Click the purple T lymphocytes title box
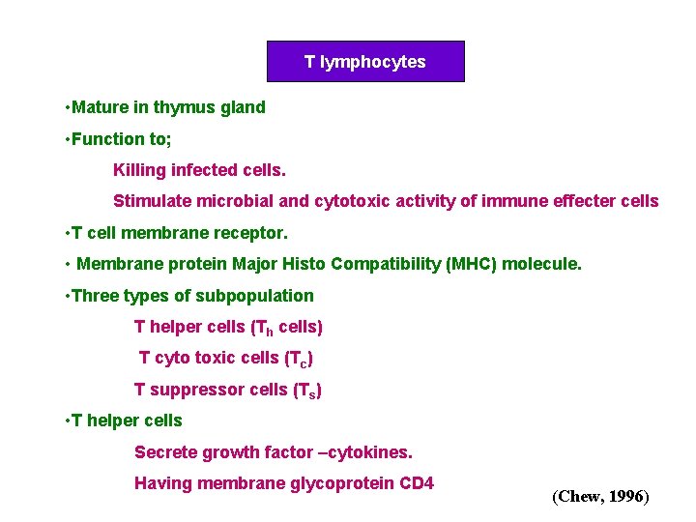coord(365,62)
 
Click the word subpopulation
coord(257,296)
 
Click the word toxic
coord(214,358)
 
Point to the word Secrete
coord(164,452)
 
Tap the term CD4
coord(417,483)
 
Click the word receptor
coord(253,233)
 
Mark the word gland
coord(244,107)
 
